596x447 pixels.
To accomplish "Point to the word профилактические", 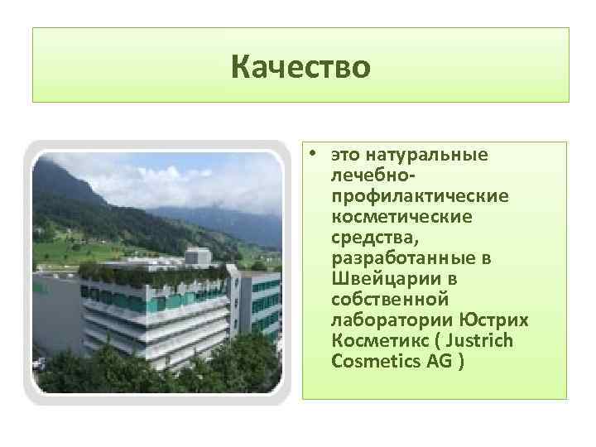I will pyautogui.click(x=420, y=196).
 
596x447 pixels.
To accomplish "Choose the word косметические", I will pyautogui.click(x=401, y=216).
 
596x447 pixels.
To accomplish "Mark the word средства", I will pyautogui.click(x=365, y=237).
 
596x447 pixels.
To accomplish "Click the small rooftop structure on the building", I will pyautogui.click(x=197, y=257).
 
